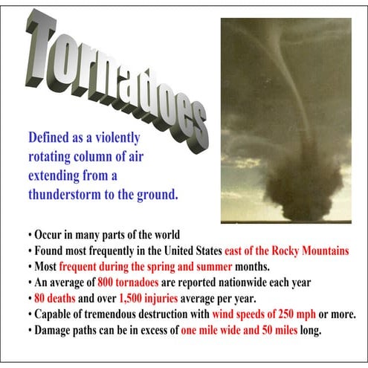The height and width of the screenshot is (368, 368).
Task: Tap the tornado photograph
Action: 285,119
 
